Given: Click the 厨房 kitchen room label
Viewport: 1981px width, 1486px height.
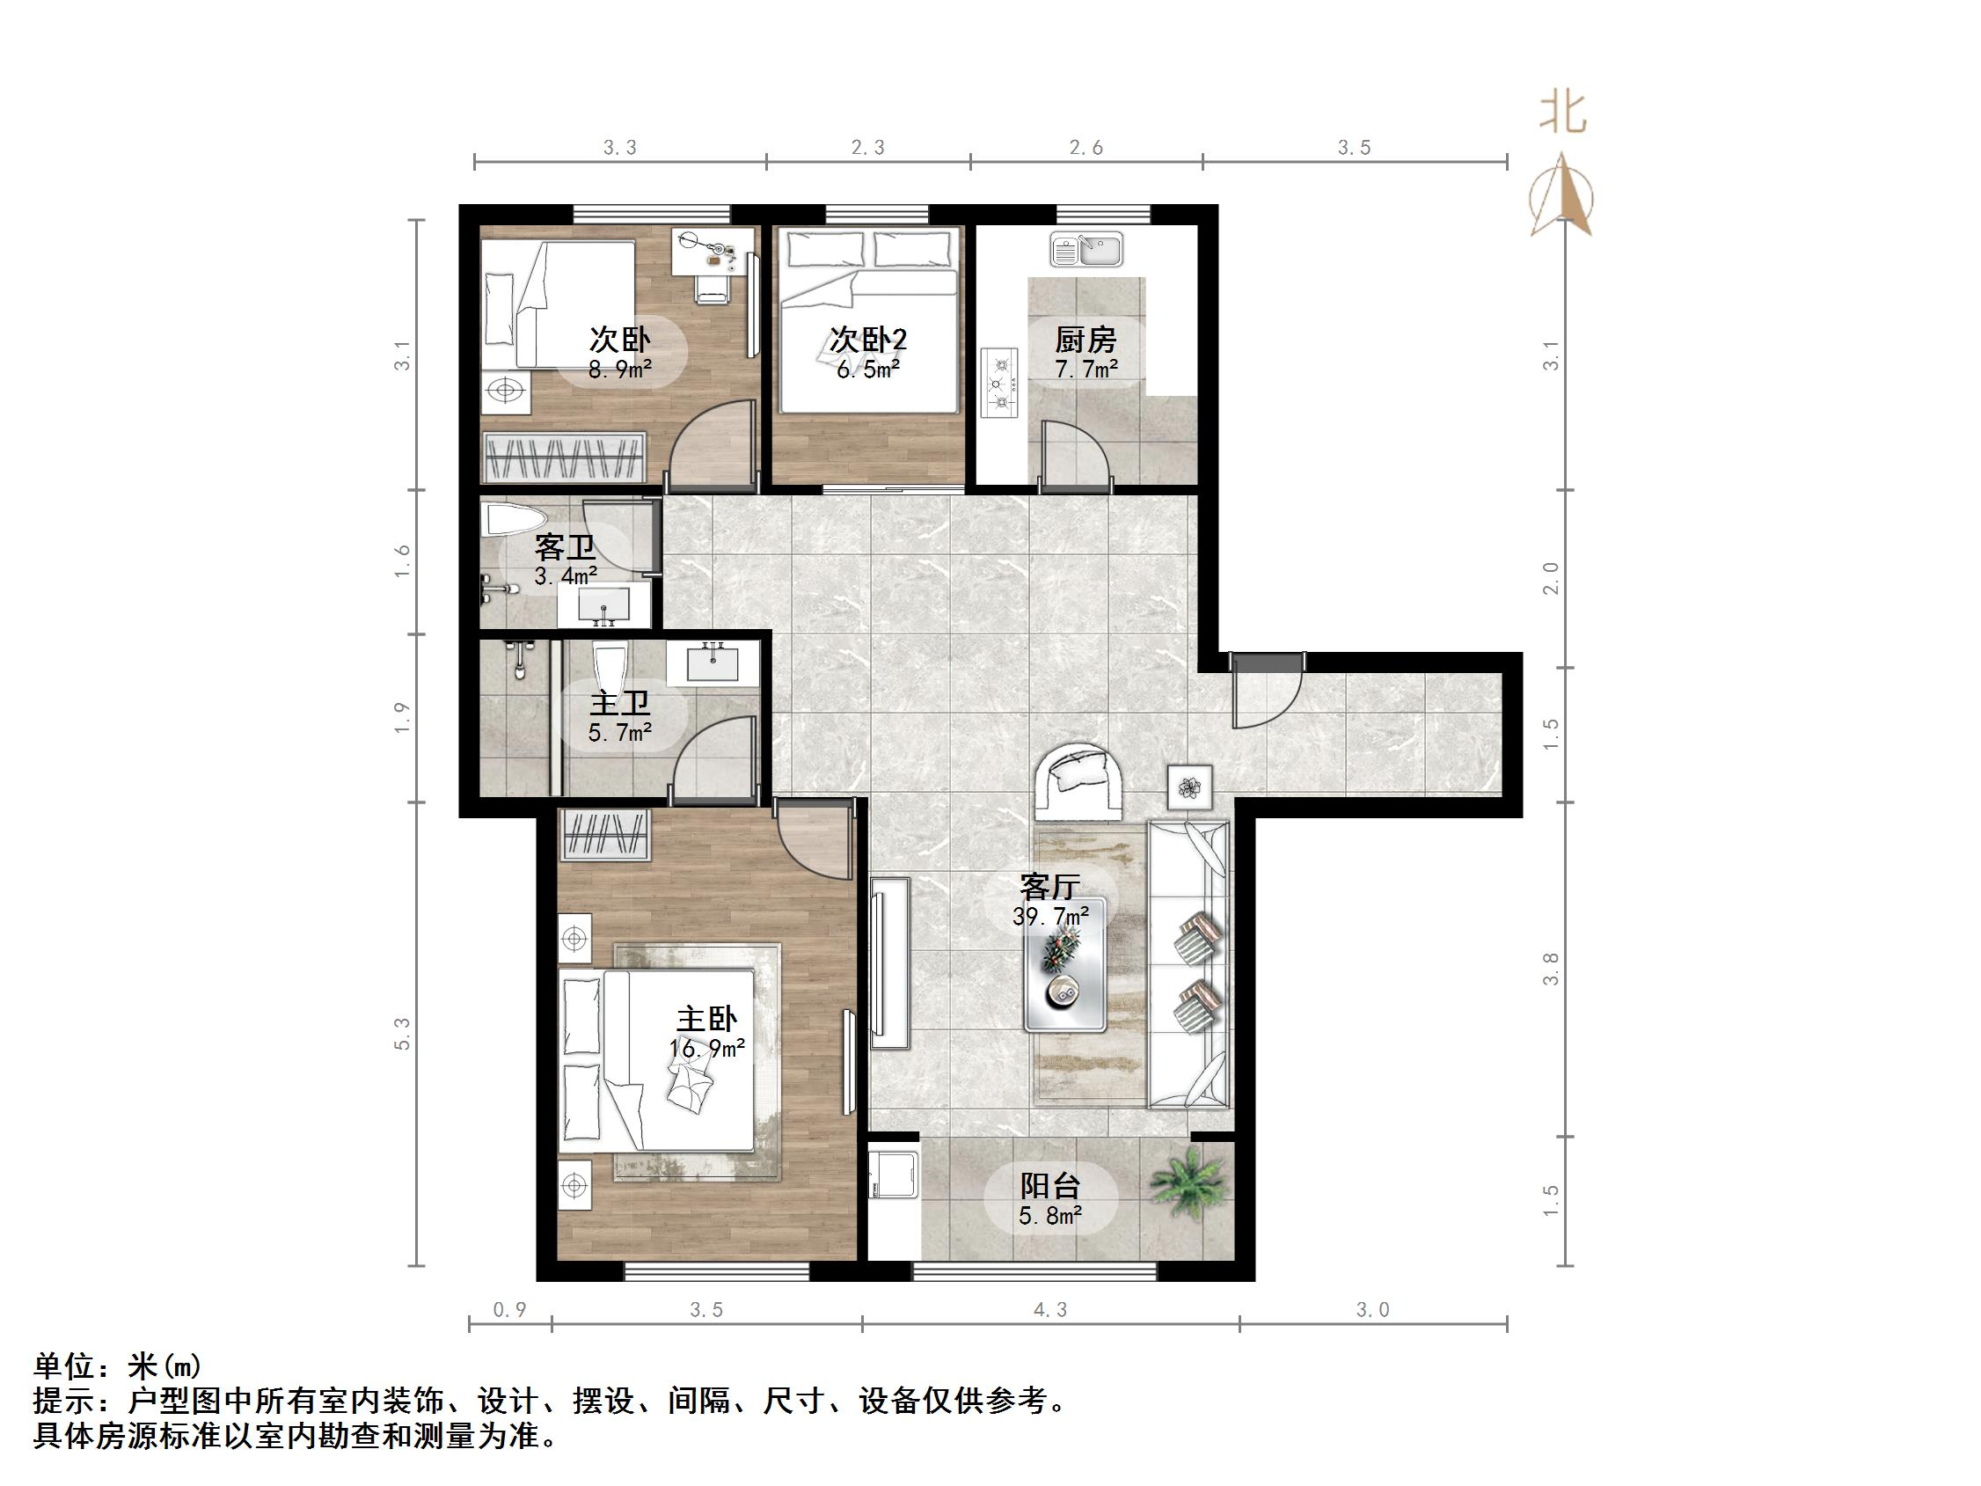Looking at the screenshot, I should [x=1086, y=340].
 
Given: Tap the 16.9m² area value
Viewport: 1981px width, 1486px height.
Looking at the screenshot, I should [x=706, y=1049].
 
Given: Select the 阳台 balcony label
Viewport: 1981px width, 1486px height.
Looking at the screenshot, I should [x=1050, y=1186].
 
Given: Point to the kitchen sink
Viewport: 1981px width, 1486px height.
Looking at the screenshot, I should [x=1086, y=250].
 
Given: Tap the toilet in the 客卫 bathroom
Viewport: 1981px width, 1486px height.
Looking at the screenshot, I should [x=512, y=519].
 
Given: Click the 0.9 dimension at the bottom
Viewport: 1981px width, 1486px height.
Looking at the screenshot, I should [x=509, y=1310].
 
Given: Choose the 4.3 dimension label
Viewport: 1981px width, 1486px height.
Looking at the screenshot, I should [x=1050, y=1310].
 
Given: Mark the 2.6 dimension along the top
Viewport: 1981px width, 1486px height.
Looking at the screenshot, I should [x=1086, y=148].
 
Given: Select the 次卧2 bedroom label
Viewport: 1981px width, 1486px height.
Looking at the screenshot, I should [x=868, y=340].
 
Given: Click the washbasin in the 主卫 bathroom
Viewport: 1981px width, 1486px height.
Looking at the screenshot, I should [x=713, y=663].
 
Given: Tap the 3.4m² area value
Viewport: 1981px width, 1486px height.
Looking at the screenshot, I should [x=565, y=576].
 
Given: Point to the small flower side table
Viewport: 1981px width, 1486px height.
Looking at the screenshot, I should [x=1189, y=787].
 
